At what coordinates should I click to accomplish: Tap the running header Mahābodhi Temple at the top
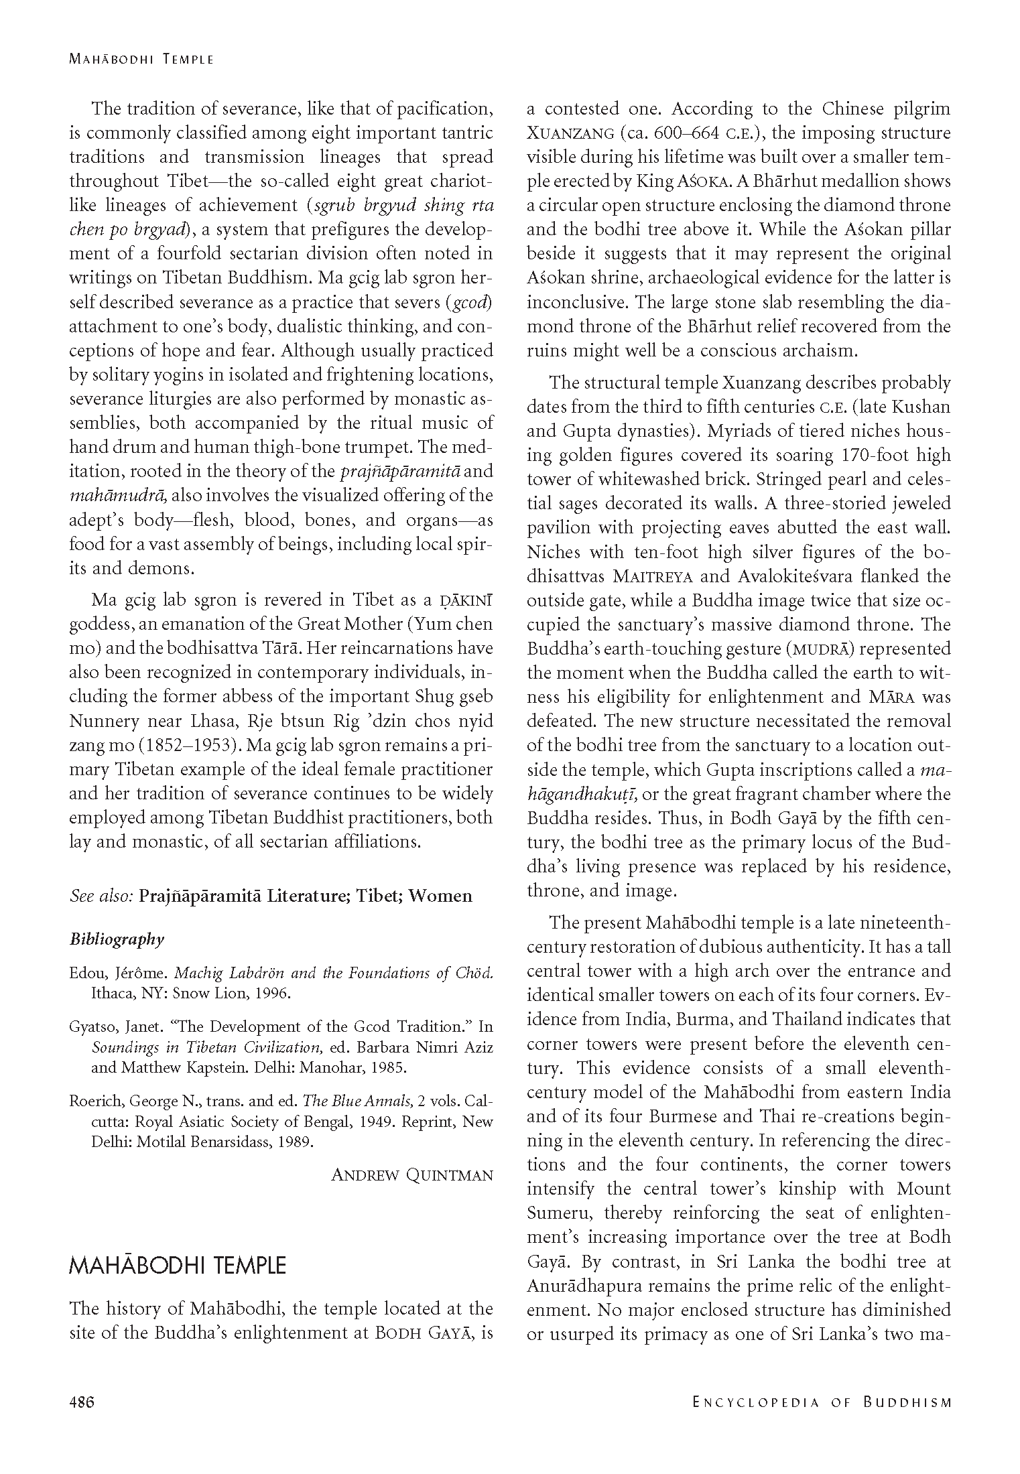141,59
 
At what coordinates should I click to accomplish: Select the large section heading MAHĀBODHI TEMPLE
178,1266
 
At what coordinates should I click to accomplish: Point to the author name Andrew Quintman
412,1175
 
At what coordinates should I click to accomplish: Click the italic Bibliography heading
117,939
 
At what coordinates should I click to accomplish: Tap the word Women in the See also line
440,896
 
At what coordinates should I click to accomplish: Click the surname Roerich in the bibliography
95,1100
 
